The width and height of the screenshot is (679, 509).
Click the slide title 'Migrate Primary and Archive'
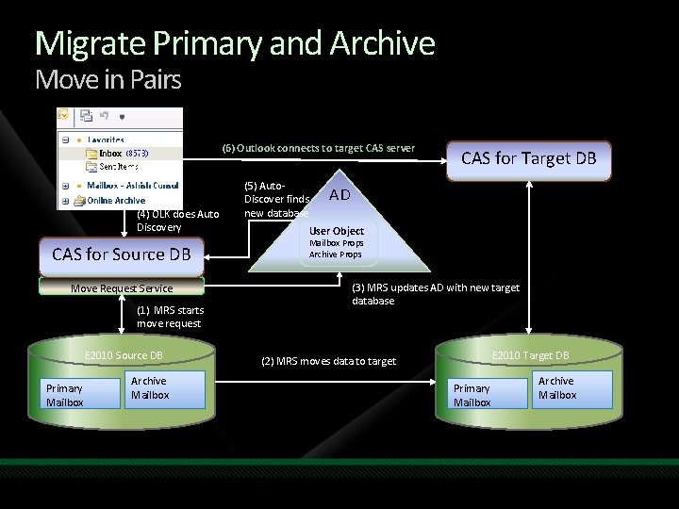[x=235, y=44]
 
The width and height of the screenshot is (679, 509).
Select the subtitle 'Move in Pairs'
[x=108, y=80]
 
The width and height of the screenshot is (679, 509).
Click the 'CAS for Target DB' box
[x=528, y=158]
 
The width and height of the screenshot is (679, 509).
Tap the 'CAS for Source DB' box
[x=122, y=254]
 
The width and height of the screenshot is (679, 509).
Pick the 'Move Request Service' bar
[x=123, y=287]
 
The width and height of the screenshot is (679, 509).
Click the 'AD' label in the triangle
[x=339, y=194]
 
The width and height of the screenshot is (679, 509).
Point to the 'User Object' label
[x=336, y=231]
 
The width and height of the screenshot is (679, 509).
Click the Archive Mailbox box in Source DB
[x=165, y=388]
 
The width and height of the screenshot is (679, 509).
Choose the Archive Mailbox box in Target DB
[x=571, y=388]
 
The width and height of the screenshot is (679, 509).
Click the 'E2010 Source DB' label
[x=124, y=355]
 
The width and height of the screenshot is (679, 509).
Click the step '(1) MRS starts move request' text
[x=170, y=317]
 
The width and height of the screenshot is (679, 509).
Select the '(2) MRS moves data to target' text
[x=328, y=361]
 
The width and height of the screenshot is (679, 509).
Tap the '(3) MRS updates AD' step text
[x=435, y=294]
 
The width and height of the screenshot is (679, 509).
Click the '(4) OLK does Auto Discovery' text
[x=177, y=221]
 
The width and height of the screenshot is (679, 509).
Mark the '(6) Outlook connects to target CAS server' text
[x=319, y=148]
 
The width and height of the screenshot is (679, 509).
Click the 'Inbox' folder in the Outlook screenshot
[x=110, y=153]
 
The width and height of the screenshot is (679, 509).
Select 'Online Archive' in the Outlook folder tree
[x=116, y=201]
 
